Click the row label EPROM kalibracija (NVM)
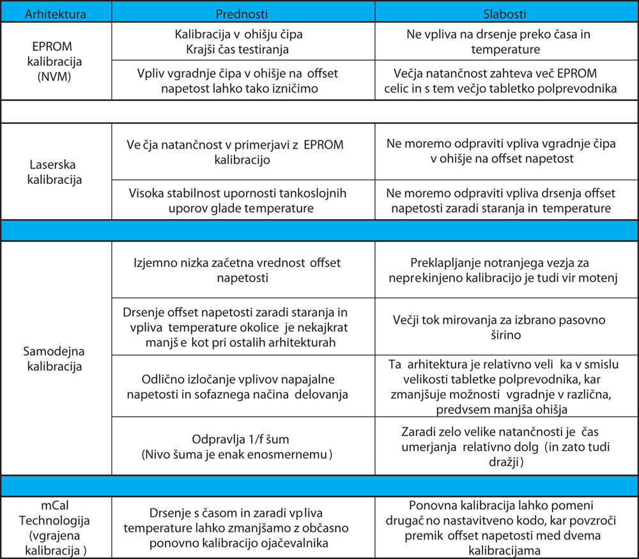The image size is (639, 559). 56,61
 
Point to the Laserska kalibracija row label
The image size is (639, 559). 56,171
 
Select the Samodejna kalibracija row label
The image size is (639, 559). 56,359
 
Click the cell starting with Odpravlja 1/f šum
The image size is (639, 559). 242,447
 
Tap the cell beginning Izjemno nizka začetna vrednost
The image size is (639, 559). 242,270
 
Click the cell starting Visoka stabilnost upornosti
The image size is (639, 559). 242,199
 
